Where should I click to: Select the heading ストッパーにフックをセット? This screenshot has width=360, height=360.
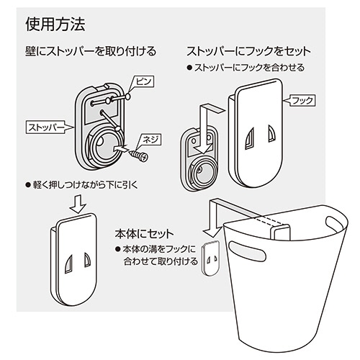tap(249, 53)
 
